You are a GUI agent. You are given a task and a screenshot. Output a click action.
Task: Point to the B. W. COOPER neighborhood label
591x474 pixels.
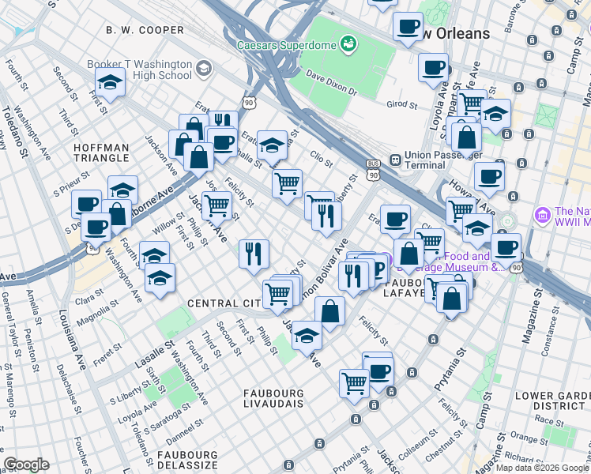click(145, 30)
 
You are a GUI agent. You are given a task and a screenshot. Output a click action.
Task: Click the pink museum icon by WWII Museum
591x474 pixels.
click(542, 214)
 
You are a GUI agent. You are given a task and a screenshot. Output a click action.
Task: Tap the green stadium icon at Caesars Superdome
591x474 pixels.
click(347, 43)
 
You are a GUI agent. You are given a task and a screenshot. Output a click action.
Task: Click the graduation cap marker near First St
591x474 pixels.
click(110, 81)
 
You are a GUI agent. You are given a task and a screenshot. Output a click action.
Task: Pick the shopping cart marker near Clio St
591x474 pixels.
click(287, 183)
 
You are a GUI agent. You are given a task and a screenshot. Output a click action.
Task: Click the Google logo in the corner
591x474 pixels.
click(26, 465)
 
